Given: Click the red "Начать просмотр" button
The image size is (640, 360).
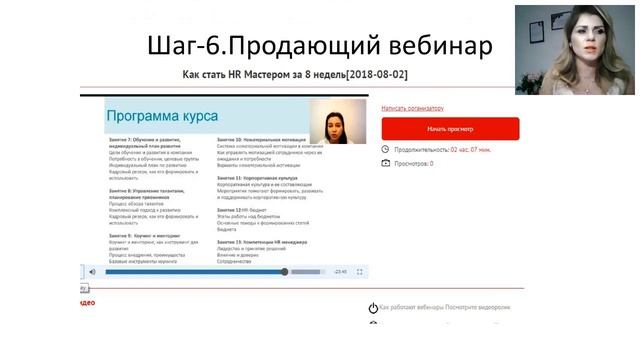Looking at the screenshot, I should click(450, 129).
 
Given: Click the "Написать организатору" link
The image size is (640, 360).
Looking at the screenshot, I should click(412, 107).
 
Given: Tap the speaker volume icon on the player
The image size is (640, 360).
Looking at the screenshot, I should click(92, 271).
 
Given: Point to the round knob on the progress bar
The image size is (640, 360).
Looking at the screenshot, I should click(285, 271).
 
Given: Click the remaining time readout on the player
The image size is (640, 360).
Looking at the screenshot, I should click(340, 271).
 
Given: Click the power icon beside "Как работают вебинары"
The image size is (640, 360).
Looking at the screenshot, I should click(373, 308).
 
